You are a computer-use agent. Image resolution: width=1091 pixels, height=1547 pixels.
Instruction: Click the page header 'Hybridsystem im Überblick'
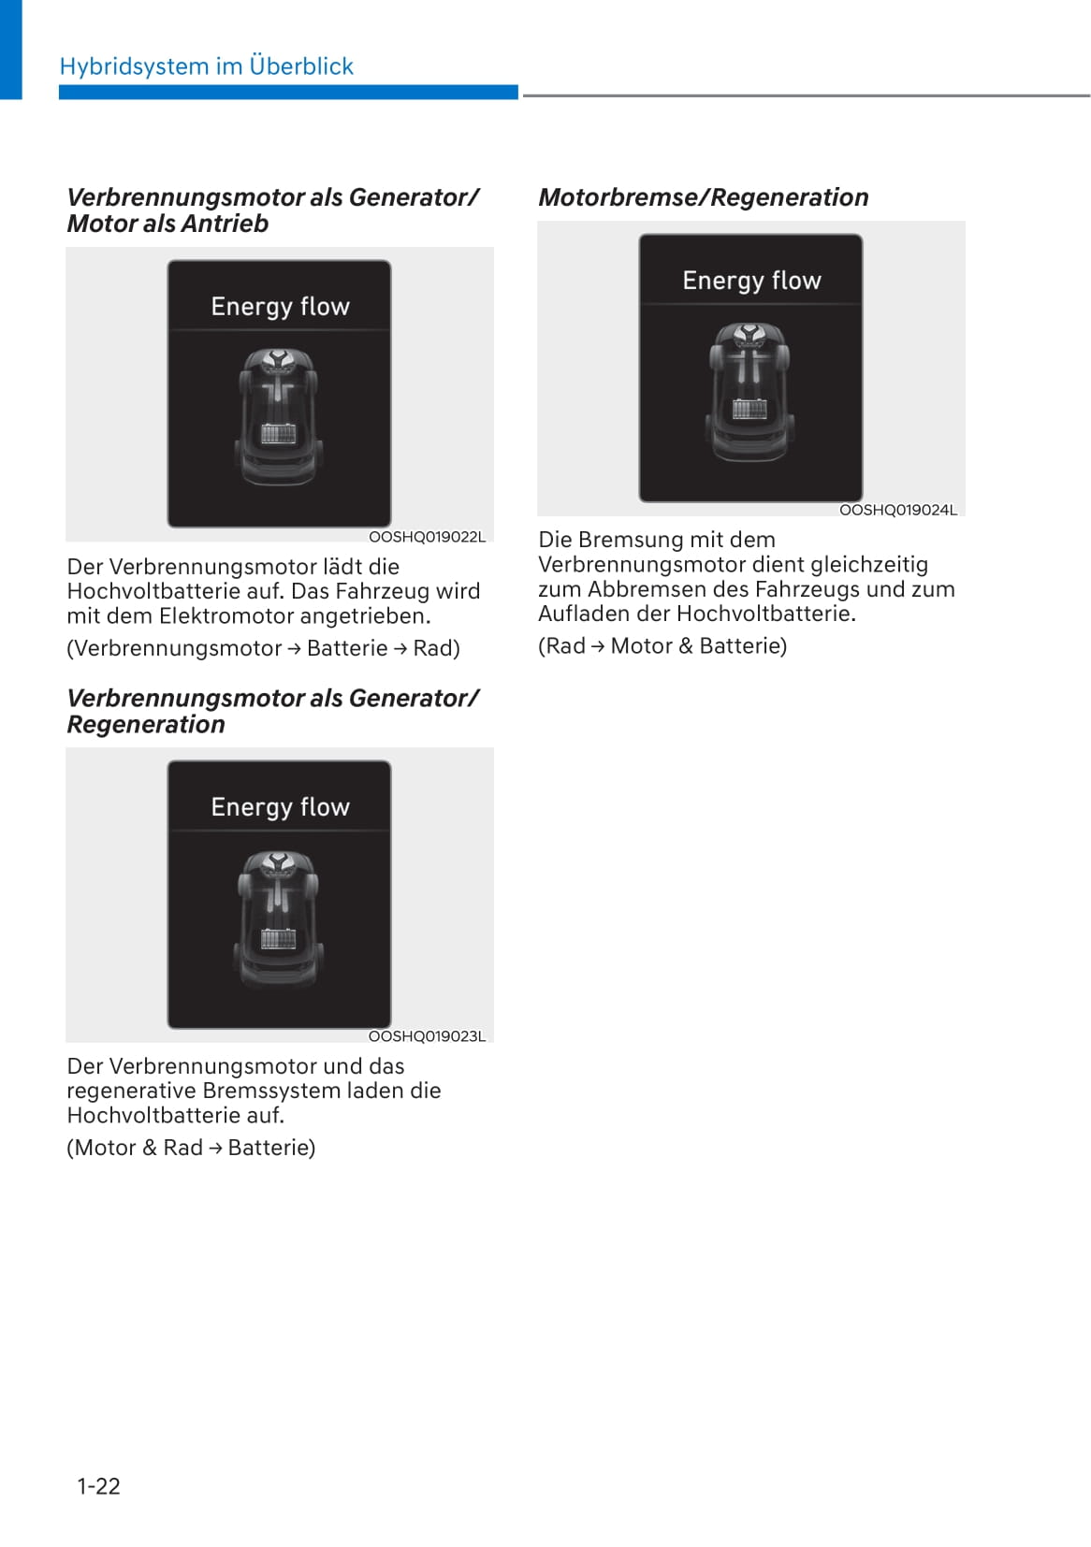pyautogui.click(x=206, y=66)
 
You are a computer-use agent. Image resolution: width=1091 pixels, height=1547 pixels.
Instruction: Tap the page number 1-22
pyautogui.click(x=98, y=1486)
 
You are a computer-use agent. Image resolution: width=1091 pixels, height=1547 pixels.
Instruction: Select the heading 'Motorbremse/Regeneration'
pyautogui.click(x=703, y=197)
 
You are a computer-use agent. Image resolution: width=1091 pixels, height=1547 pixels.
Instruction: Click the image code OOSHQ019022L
pyautogui.click(x=427, y=537)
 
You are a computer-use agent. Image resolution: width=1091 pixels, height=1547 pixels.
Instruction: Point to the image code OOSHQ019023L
pyautogui.click(x=427, y=1036)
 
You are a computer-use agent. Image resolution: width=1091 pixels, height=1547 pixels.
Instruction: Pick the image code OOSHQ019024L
pyautogui.click(x=898, y=510)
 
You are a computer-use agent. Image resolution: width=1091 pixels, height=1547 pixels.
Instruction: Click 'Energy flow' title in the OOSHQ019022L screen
pyautogui.click(x=280, y=307)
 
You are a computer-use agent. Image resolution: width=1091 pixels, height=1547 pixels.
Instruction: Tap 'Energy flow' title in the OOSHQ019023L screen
pyautogui.click(x=280, y=807)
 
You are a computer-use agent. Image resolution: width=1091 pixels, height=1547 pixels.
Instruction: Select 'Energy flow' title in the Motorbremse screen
pyautogui.click(x=751, y=281)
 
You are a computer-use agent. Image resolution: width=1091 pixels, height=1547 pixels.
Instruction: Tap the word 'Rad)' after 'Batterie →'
pyautogui.click(x=436, y=648)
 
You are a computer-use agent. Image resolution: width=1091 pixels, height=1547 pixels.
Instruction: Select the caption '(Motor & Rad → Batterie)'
pyautogui.click(x=191, y=1148)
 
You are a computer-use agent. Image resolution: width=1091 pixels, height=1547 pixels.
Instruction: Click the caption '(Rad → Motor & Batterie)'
pyautogui.click(x=662, y=645)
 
